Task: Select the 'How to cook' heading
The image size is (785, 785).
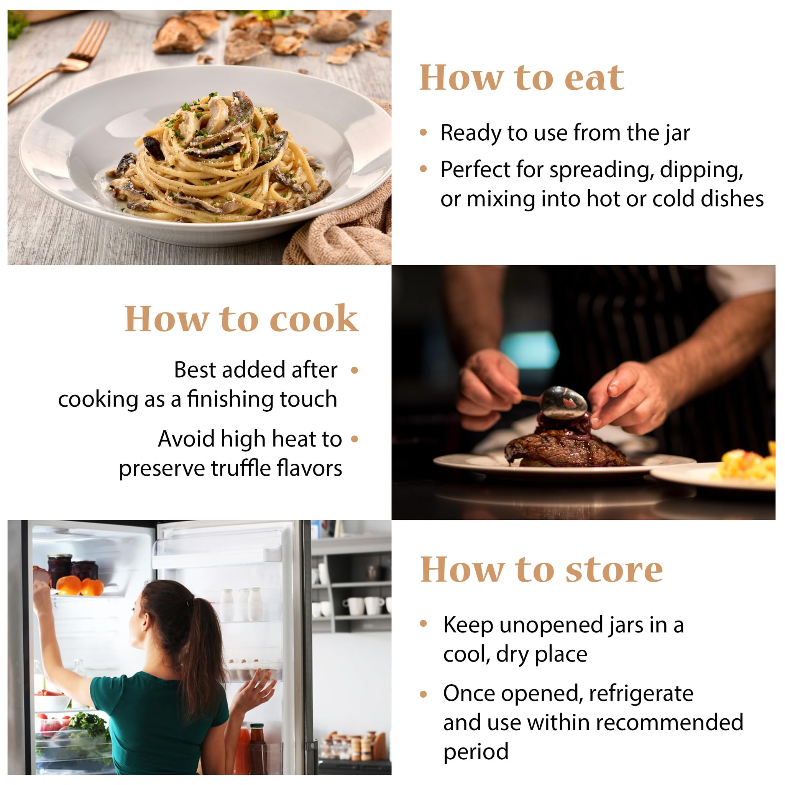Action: pyautogui.click(x=242, y=319)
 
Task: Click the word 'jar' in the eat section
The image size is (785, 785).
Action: pyautogui.click(x=677, y=134)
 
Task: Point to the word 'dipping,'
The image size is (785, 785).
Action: pyautogui.click(x=702, y=170)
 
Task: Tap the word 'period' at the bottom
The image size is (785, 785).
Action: pyautogui.click(x=476, y=751)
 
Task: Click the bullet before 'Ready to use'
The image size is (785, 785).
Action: pyautogui.click(x=424, y=133)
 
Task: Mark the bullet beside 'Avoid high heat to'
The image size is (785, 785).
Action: pyautogui.click(x=354, y=439)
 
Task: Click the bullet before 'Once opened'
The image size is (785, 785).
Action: pyautogui.click(x=424, y=695)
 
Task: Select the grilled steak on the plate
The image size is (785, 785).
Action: pyautogui.click(x=567, y=449)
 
